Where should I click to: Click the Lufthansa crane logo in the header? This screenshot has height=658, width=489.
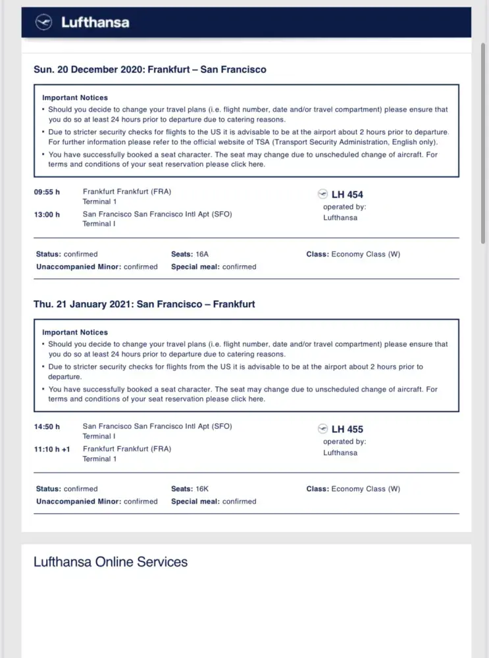point(43,22)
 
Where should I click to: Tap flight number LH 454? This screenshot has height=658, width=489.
point(347,194)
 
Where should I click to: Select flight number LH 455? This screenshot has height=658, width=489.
point(347,429)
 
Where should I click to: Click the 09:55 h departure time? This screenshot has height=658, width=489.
point(47,192)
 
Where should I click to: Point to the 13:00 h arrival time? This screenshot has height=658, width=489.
point(47,214)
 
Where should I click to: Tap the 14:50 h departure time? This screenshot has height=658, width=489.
point(47,426)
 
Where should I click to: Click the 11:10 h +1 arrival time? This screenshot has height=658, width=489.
point(52,449)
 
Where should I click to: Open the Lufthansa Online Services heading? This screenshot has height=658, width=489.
point(111,562)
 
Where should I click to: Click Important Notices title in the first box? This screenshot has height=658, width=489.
point(75,97)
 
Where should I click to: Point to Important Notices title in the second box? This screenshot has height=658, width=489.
point(75,332)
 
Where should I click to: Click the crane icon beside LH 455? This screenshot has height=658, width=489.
point(322,429)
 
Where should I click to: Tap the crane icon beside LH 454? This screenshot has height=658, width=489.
point(322,194)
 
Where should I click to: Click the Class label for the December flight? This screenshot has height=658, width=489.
point(317,254)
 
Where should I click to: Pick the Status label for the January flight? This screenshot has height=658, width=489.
point(48,489)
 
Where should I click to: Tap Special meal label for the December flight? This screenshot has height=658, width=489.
point(195,266)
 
